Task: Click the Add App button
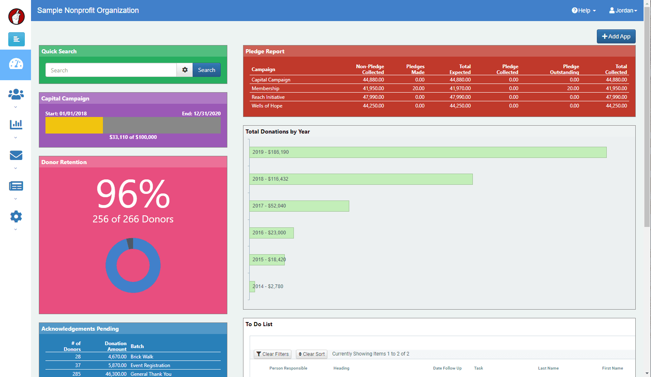(616, 36)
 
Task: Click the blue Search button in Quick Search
(206, 70)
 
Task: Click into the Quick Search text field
(111, 70)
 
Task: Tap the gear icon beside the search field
(185, 70)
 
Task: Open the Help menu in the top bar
(583, 11)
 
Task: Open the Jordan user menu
(623, 11)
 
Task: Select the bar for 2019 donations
(428, 152)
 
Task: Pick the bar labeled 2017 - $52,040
(299, 206)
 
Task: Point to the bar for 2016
(272, 233)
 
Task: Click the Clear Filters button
(272, 354)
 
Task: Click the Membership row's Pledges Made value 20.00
(418, 88)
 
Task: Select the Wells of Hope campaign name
(267, 106)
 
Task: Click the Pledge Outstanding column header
(565, 69)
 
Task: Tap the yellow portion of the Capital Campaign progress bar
(74, 125)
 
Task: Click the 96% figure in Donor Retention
(133, 193)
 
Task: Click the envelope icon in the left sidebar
(16, 155)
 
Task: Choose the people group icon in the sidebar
(16, 94)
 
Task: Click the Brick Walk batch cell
(142, 357)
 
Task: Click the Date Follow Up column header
(447, 368)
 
